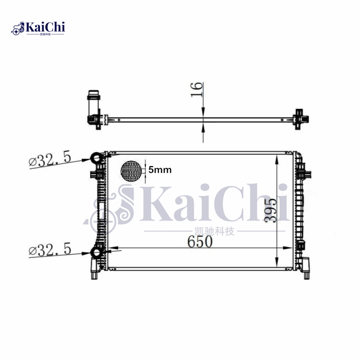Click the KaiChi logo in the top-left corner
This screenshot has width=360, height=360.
[39, 28]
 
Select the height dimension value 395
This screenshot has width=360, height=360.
[270, 209]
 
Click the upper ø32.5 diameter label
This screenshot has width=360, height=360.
[50, 159]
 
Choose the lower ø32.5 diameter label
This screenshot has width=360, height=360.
[50, 249]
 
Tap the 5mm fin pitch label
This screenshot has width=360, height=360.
[160, 171]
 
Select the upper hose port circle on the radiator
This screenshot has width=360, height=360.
[97, 158]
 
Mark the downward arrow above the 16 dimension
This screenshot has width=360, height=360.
[203, 112]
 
